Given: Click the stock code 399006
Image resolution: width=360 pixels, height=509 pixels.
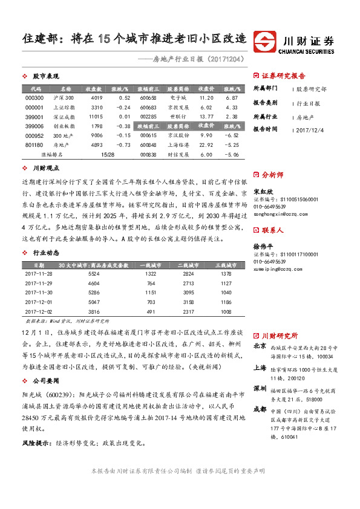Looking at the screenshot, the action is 35,126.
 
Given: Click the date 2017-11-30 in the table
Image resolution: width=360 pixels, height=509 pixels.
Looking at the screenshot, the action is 39,292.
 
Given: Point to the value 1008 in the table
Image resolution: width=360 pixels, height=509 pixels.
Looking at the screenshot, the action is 226,311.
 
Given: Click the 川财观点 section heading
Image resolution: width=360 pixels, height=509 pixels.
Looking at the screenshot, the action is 45,170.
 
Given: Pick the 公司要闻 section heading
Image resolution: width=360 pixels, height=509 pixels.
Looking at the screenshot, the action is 45,381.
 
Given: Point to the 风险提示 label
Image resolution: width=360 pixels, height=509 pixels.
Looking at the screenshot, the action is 36,443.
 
